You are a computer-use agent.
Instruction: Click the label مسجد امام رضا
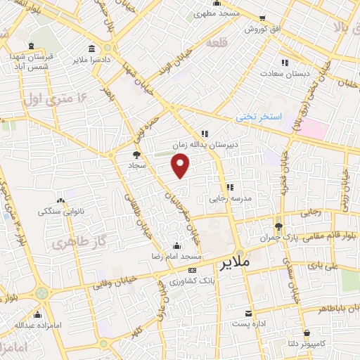(x=175, y=257)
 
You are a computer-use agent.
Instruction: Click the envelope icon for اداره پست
(x=248, y=314)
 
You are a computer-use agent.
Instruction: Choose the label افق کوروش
(x=262, y=30)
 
